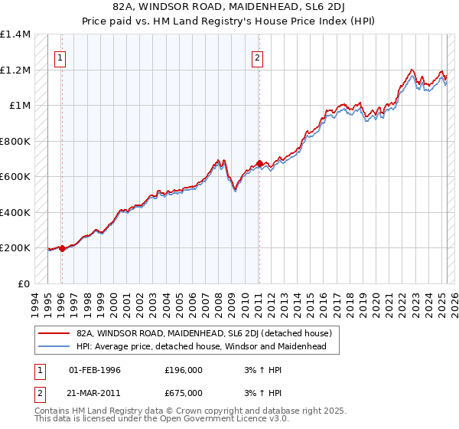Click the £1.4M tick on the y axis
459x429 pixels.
(x=15, y=34)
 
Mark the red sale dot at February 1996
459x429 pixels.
(x=62, y=248)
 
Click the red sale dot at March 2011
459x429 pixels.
(x=259, y=163)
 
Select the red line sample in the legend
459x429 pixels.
(x=54, y=333)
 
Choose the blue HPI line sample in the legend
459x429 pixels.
(x=54, y=346)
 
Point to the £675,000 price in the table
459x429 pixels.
(x=184, y=393)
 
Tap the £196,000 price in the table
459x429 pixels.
(x=184, y=370)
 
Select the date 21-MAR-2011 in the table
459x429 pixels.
(x=96, y=393)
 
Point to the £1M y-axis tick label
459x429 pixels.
(x=20, y=106)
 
